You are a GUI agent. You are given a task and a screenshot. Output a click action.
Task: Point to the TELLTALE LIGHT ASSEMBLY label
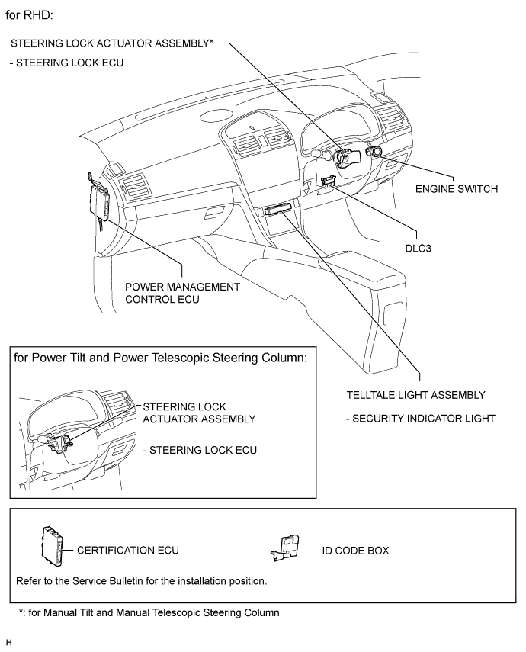click(415, 395)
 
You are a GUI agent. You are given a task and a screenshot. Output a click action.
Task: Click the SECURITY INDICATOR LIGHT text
click(419, 419)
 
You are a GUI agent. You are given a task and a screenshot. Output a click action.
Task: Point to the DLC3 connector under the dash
click(329, 182)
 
